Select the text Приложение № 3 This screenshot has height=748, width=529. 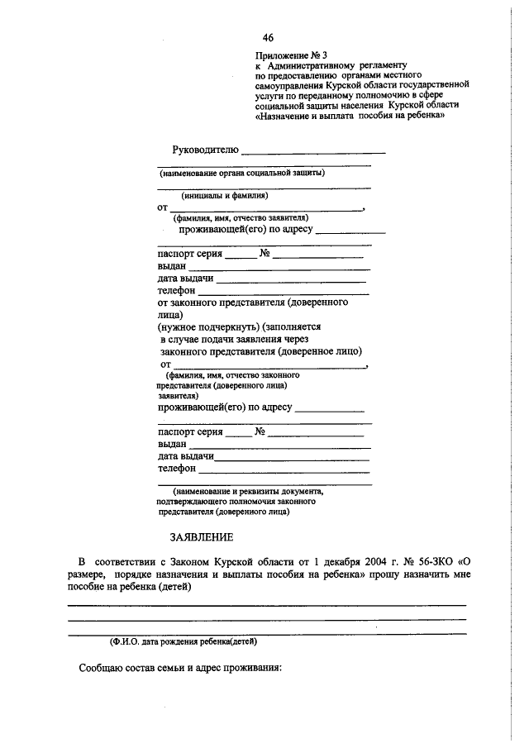pyautogui.click(x=292, y=55)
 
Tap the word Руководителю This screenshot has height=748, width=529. pyautogui.click(x=205, y=150)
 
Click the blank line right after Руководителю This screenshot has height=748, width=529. pyautogui.click(x=313, y=152)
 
